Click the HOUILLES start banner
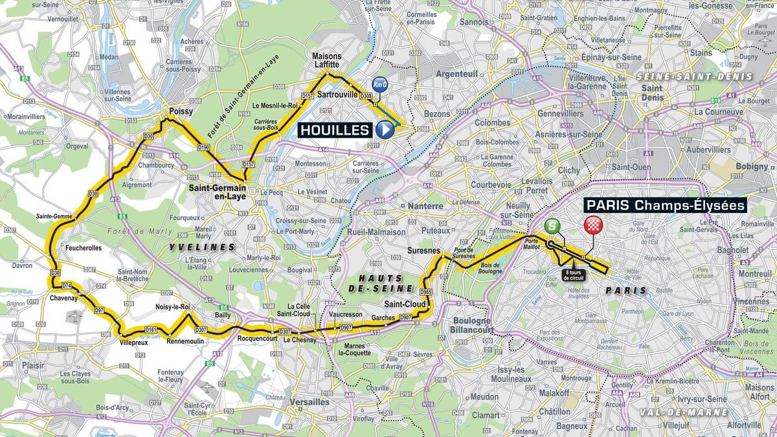(x=335, y=130)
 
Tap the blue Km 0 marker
(x=380, y=85)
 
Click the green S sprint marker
(x=552, y=226)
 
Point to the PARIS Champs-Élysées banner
(x=666, y=205)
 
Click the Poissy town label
(x=181, y=111)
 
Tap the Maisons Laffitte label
(x=326, y=60)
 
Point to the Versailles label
(x=307, y=402)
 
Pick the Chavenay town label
(x=63, y=298)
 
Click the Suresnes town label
(x=424, y=250)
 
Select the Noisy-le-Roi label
(x=172, y=308)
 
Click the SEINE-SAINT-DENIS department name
(x=694, y=76)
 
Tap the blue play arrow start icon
(x=385, y=130)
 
